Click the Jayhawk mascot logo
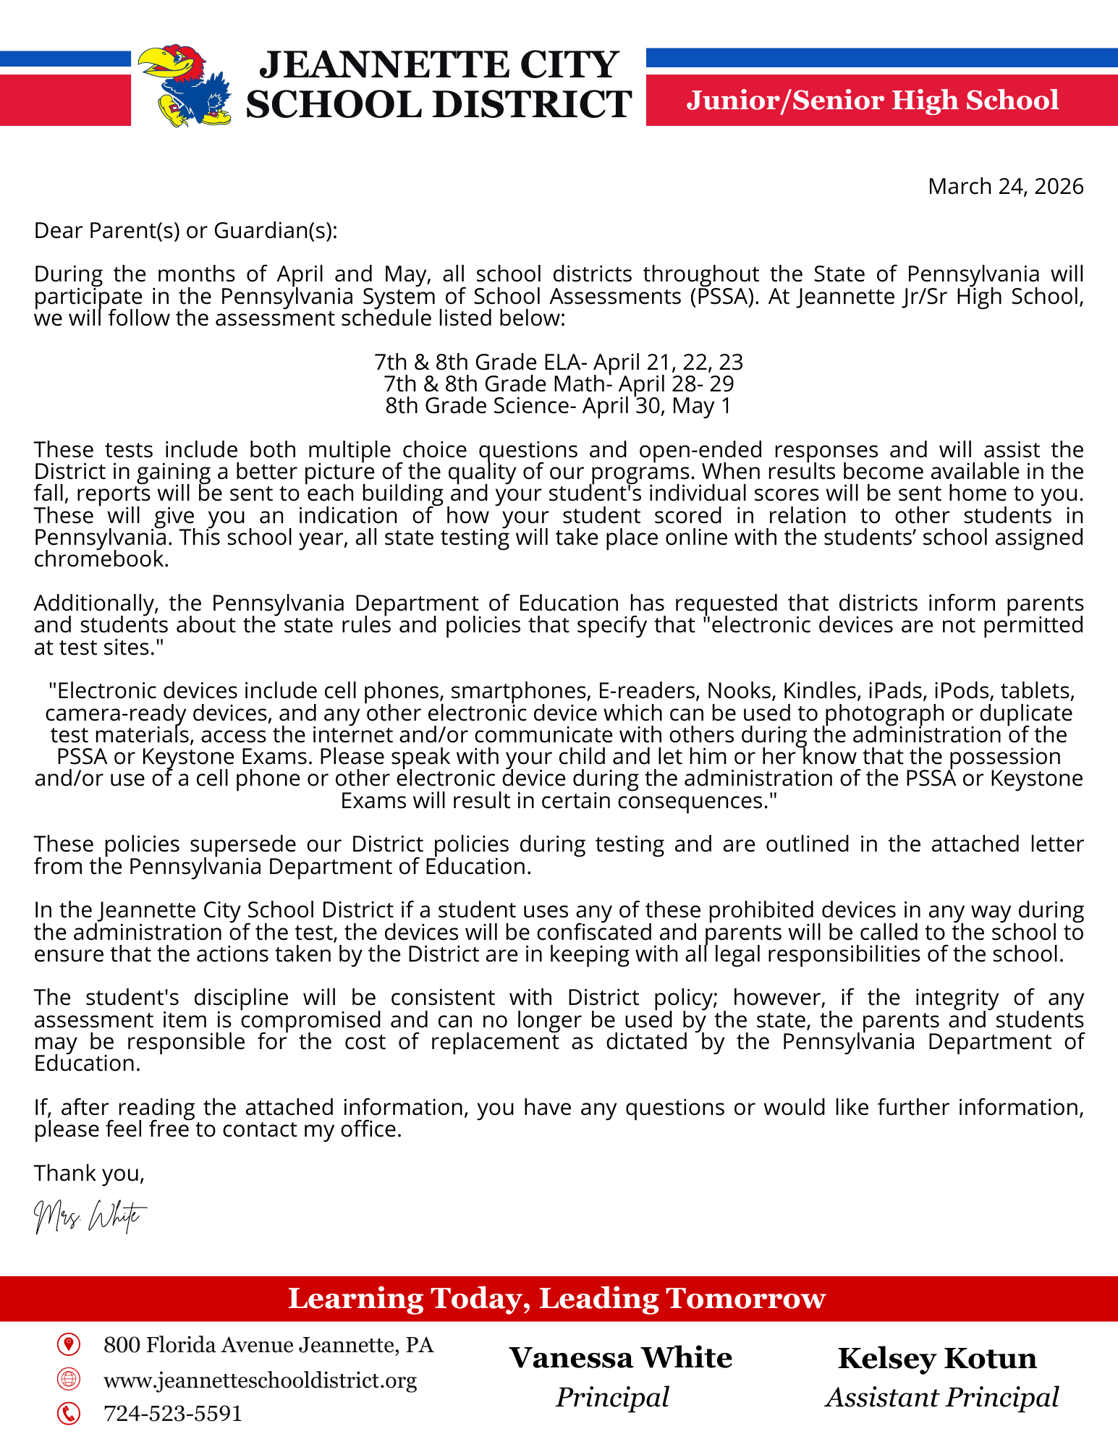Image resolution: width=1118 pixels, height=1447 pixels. (x=185, y=85)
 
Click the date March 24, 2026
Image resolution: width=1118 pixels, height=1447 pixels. (x=1005, y=187)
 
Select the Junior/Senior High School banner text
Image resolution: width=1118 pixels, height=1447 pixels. (x=872, y=101)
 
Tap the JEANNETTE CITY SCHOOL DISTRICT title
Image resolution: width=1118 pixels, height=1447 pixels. (x=439, y=85)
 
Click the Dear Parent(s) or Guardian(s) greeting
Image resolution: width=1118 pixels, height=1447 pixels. (x=186, y=231)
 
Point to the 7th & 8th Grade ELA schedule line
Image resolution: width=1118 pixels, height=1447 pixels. (x=559, y=362)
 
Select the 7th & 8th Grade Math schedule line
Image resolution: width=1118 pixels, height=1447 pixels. (x=559, y=383)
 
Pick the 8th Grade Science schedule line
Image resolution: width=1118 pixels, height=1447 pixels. (x=559, y=406)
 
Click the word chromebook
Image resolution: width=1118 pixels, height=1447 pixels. (x=101, y=560)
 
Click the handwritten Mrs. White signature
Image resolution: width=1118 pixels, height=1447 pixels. (x=90, y=1217)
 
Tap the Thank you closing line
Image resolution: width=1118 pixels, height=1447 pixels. (x=89, y=1173)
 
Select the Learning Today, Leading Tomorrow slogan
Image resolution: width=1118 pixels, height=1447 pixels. (x=556, y=1299)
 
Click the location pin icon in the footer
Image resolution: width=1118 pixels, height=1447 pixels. (x=69, y=1345)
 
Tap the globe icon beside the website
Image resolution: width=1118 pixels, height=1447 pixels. (x=69, y=1379)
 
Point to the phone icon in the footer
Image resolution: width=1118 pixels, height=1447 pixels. (x=69, y=1413)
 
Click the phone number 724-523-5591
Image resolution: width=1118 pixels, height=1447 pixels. (x=173, y=1413)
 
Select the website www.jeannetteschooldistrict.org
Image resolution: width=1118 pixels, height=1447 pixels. (x=261, y=1380)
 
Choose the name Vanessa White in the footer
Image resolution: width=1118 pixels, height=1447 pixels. (x=620, y=1358)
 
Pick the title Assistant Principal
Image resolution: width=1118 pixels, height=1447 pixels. (x=942, y=1397)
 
